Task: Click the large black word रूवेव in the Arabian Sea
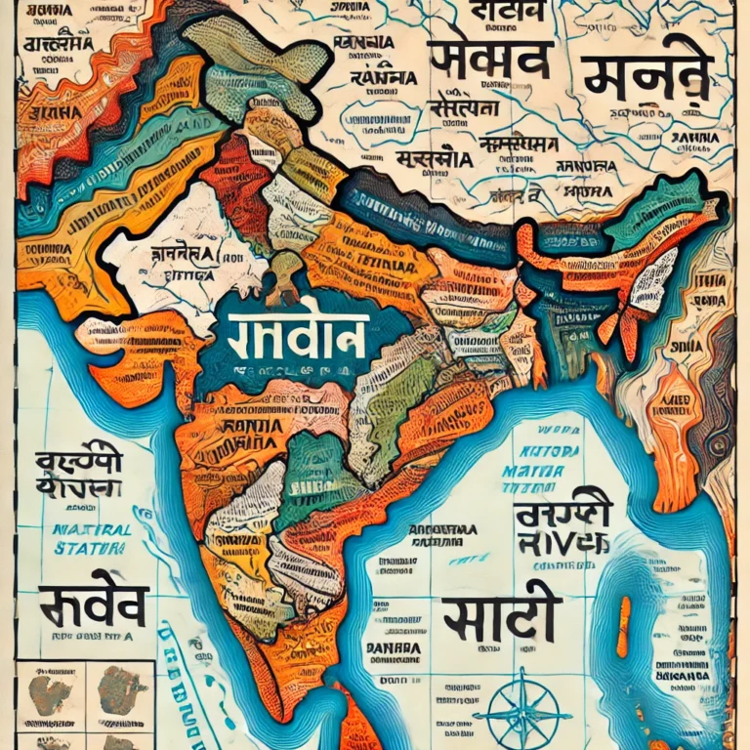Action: (90, 604)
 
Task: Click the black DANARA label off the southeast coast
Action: (393, 647)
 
